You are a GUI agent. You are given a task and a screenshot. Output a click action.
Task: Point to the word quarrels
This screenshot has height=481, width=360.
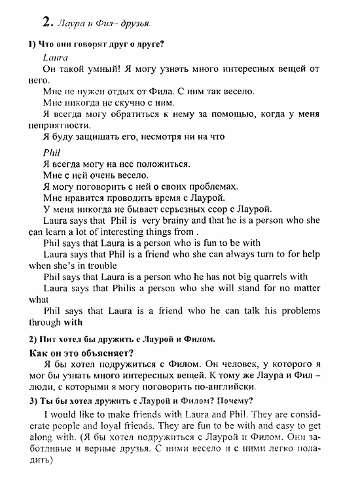pos(257,277)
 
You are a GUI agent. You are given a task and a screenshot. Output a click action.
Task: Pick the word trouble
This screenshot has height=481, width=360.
pos(98,266)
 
